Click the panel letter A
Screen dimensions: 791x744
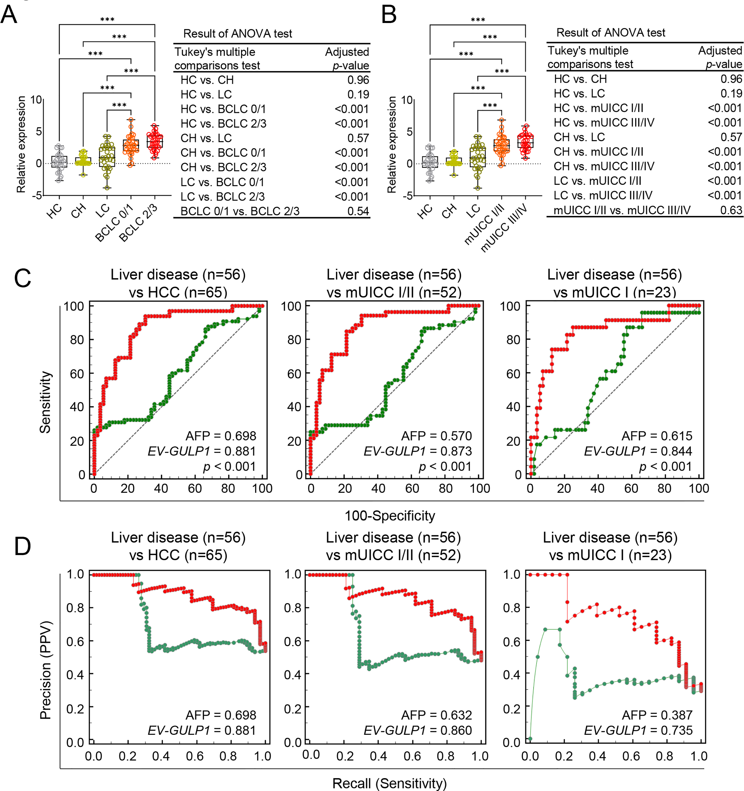[9, 15]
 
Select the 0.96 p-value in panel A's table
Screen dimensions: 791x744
[358, 80]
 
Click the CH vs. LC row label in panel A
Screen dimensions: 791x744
[206, 138]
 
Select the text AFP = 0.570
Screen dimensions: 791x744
[436, 436]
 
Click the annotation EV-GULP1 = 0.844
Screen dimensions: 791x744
[638, 451]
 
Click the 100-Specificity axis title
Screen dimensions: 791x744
[389, 516]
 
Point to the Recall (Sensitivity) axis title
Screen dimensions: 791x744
[389, 783]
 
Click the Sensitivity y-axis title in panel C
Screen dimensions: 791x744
[45, 402]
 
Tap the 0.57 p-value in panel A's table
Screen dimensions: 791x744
[358, 138]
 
